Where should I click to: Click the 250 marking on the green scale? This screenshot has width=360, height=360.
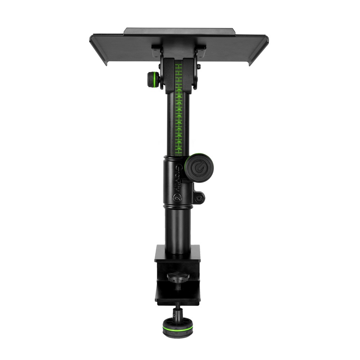(179, 89)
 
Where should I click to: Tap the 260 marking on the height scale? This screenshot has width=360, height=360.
(179, 96)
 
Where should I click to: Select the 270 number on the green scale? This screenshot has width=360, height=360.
(179, 103)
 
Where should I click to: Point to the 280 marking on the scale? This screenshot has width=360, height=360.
(179, 109)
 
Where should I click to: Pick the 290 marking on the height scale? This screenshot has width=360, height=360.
(179, 116)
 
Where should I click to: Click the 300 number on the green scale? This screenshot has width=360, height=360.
(179, 122)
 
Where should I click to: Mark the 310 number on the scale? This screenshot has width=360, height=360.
(179, 129)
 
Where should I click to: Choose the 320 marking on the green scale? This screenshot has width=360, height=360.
(179, 135)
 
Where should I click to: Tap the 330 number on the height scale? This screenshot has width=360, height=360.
(179, 141)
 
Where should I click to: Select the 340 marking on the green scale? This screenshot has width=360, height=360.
(179, 148)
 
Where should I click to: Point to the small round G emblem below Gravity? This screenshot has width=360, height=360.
(176, 197)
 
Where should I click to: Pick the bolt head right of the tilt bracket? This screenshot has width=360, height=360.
(199, 67)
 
